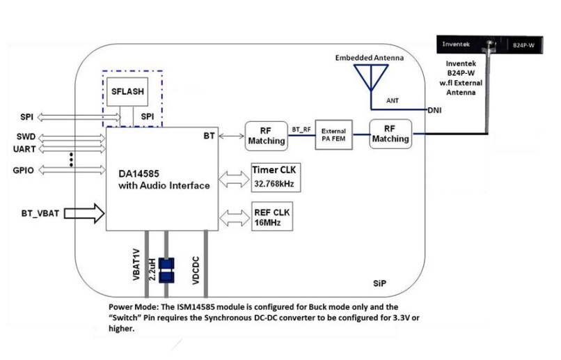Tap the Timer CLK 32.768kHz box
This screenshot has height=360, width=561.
tap(272, 178)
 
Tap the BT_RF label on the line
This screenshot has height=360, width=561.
tap(301, 130)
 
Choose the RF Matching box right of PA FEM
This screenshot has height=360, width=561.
tap(390, 134)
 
